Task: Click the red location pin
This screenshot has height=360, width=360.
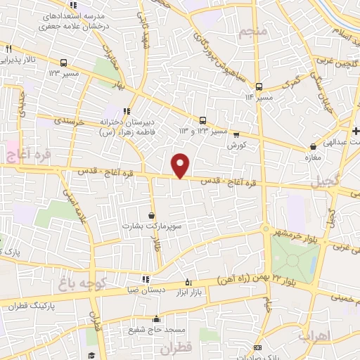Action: pos(181,165)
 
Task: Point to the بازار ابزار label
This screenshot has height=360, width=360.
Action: pos(188,290)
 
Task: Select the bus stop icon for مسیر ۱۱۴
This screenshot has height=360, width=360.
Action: pos(259,86)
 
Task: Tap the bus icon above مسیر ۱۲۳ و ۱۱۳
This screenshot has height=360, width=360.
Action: pos(203,120)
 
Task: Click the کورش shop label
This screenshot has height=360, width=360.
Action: pos(236,144)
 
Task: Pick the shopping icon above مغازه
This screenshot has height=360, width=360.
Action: pos(313,147)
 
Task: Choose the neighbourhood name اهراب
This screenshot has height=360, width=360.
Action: pos(314,335)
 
